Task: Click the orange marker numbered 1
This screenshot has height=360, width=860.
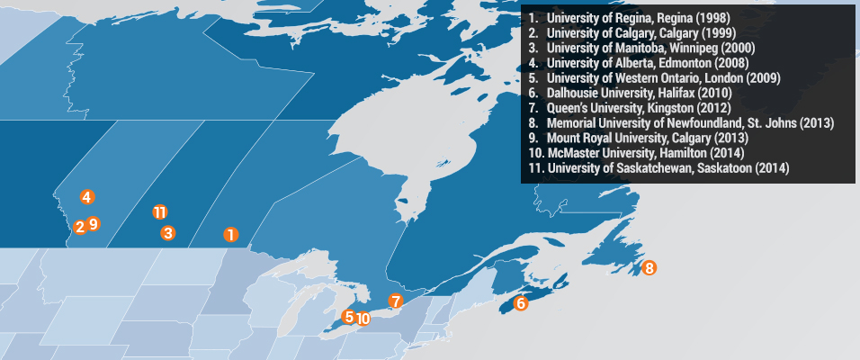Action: point(230,235)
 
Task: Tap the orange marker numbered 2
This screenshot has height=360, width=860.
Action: point(80,227)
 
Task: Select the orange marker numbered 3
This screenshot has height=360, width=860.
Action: point(167,233)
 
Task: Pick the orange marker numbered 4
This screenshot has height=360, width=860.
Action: point(86,196)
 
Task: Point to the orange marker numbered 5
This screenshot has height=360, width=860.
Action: point(349,316)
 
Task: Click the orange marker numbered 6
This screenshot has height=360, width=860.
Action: point(521,303)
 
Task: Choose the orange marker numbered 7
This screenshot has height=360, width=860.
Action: point(395,301)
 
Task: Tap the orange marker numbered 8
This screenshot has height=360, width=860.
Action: point(649,267)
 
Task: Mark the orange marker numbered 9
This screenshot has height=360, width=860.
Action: point(94,223)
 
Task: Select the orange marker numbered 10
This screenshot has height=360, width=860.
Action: point(363,318)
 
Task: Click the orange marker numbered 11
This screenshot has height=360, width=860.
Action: point(159,212)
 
